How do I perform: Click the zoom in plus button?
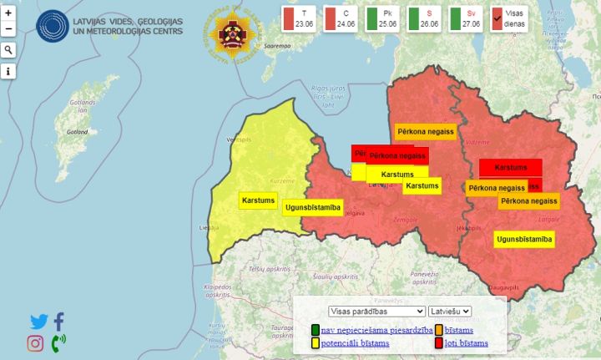pos(8,13)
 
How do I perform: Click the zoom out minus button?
pos(8,29)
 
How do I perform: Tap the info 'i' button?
pos(8,72)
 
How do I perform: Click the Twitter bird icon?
pos(39,321)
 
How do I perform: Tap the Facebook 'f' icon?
pos(59,321)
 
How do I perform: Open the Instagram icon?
pos(35,342)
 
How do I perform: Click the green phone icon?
pos(58,342)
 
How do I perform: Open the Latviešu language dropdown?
pos(450,312)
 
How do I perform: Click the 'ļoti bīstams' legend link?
pos(466,343)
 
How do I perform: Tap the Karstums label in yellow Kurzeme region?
pos(258,200)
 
